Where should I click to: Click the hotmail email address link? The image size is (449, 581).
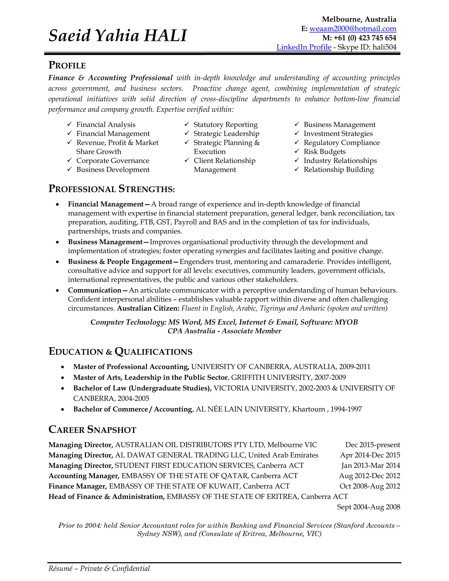click(353, 29)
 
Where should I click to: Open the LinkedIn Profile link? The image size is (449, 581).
click(304, 47)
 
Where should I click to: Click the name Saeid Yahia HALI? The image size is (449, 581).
click(118, 36)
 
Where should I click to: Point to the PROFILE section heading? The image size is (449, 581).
click(67, 65)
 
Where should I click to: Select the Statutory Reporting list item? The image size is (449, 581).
click(225, 125)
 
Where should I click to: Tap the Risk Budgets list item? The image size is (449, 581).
click(324, 152)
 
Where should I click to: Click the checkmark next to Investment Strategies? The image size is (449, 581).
click(297, 133)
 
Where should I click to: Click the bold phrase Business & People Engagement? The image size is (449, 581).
click(120, 262)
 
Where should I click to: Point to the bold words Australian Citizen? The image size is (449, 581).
click(148, 308)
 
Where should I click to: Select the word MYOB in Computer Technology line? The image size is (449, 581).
click(346, 322)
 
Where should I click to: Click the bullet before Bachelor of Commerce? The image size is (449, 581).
click(62, 409)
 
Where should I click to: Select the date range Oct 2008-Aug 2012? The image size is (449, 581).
click(370, 486)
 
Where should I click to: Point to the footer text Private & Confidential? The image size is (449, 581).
click(115, 569)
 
